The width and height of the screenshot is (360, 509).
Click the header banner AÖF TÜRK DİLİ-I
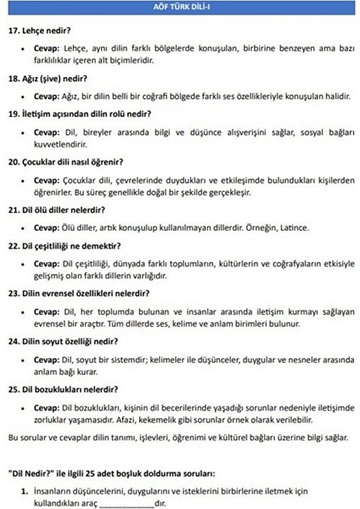point(179,7)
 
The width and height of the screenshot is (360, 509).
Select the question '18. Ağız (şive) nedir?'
point(53,78)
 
